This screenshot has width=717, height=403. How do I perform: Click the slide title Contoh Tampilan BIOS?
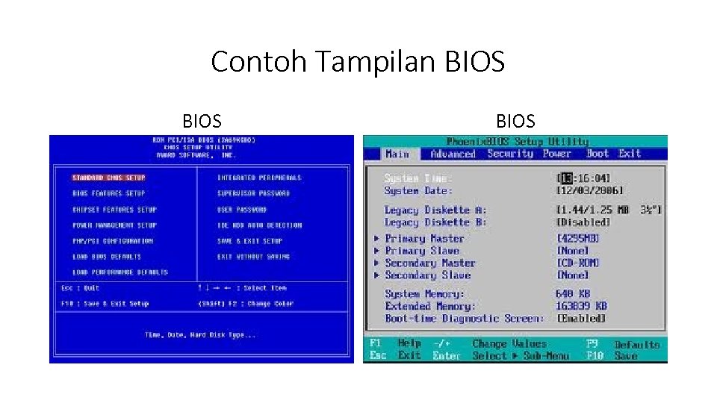(358, 61)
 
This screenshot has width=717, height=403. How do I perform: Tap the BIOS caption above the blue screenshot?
(202, 121)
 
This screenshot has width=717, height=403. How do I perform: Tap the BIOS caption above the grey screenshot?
(515, 121)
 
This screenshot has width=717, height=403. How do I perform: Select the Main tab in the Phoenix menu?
(397, 154)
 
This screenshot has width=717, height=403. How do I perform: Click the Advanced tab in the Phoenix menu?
(453, 154)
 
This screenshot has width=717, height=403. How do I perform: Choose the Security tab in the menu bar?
(510, 154)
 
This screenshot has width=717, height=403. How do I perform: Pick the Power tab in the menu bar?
(556, 154)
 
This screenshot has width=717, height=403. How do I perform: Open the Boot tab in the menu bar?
(597, 154)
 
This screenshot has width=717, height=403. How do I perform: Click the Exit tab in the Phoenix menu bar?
(630, 154)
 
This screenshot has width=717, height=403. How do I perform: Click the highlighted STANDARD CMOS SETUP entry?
(108, 178)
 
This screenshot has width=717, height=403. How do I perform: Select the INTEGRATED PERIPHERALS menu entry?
(259, 178)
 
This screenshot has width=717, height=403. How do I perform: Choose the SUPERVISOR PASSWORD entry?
(253, 193)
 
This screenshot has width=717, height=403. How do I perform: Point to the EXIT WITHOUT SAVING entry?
(253, 257)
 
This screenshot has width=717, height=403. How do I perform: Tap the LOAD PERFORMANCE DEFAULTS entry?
(120, 272)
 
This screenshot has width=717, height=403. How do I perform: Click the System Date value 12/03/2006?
(589, 191)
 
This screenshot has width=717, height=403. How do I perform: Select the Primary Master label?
(424, 239)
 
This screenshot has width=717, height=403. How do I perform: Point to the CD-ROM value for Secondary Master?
(578, 263)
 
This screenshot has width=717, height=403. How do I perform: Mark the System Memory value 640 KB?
(573, 294)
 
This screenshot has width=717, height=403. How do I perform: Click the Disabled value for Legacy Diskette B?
(583, 222)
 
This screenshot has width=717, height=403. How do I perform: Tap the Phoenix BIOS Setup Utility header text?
(517, 141)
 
